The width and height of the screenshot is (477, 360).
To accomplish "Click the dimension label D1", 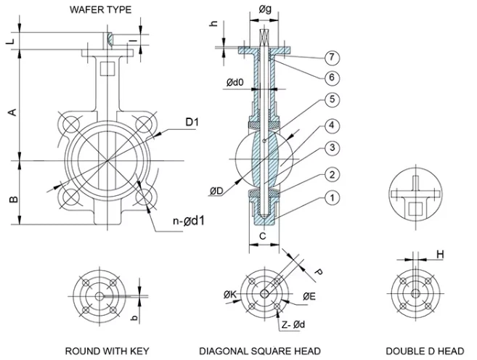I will point(192,121).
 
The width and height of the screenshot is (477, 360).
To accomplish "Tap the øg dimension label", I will point(265,9).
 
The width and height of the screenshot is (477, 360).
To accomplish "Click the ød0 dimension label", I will point(235,83).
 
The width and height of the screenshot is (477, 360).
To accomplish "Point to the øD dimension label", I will point(216,191).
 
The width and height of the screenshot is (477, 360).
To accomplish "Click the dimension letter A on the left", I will point(11,111).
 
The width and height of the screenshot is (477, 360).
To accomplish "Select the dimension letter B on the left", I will point(11,198).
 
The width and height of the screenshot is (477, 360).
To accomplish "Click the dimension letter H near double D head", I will point(440,254).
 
